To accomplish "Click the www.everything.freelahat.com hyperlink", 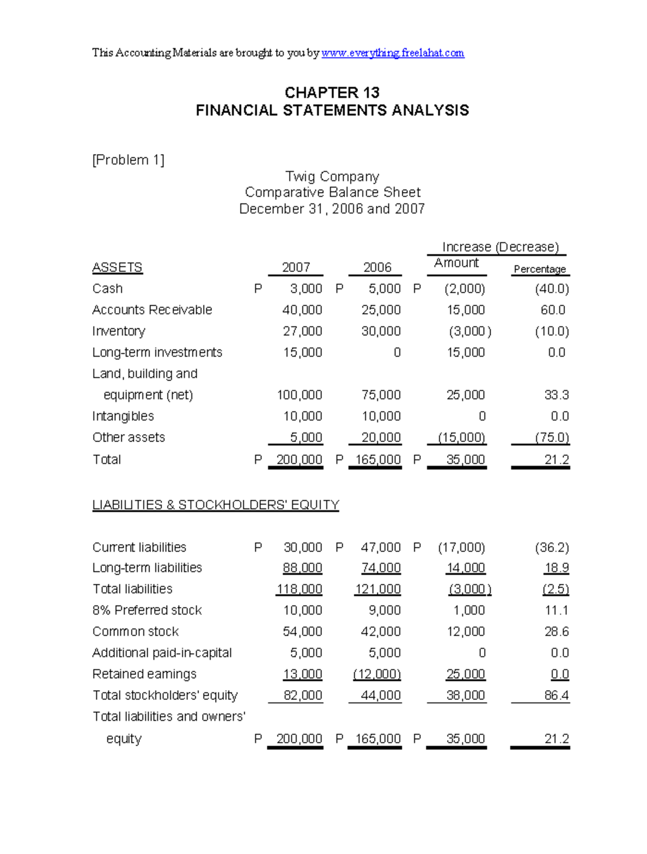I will click(393, 53).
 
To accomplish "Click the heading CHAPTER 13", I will click(332, 93).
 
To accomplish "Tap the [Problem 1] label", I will click(128, 160).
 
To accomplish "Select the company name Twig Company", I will click(332, 177).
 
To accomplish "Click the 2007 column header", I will click(296, 267).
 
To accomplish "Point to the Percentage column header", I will click(540, 269).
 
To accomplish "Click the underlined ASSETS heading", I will click(118, 267).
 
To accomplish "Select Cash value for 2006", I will click(384, 289).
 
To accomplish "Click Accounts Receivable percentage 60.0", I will click(553, 310).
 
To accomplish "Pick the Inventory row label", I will click(119, 331).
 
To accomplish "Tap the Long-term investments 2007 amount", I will click(302, 353).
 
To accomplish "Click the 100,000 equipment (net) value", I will click(299, 395).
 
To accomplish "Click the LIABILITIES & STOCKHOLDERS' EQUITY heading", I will click(216, 505).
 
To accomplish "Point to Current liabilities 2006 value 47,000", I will click(381, 548).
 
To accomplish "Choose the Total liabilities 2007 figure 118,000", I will click(299, 589).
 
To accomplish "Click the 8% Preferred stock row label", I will click(147, 610).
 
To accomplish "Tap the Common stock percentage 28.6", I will click(556, 632).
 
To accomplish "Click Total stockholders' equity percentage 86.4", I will click(556, 695).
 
